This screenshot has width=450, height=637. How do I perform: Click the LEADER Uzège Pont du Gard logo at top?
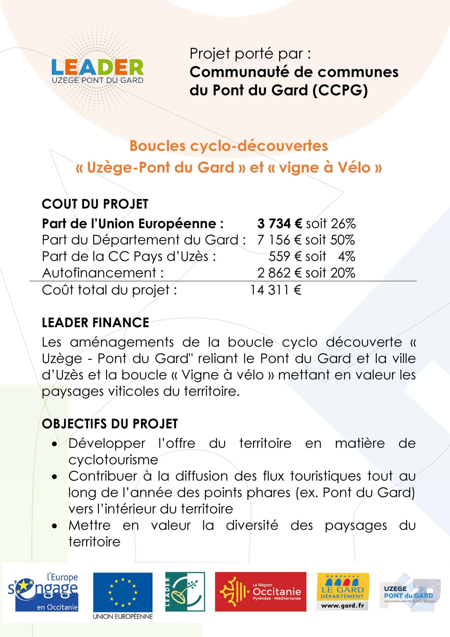[x=97, y=71]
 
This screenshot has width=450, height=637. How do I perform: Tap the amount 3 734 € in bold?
[x=279, y=224]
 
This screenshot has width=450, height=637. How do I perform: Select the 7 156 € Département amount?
[x=279, y=240]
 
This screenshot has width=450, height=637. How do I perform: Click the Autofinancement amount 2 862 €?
[x=280, y=273]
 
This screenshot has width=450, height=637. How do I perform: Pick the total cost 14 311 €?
[x=275, y=290]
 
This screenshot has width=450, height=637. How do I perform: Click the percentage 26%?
[x=343, y=224]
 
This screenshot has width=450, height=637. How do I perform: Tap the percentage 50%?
[x=343, y=240]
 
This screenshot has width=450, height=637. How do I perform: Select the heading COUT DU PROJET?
[x=95, y=204]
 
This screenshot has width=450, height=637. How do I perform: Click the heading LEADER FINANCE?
[x=96, y=323]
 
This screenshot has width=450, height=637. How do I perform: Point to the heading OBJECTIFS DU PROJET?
[x=110, y=424]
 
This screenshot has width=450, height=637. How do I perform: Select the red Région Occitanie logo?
[x=260, y=592]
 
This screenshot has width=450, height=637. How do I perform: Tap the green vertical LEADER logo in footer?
[x=185, y=592]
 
